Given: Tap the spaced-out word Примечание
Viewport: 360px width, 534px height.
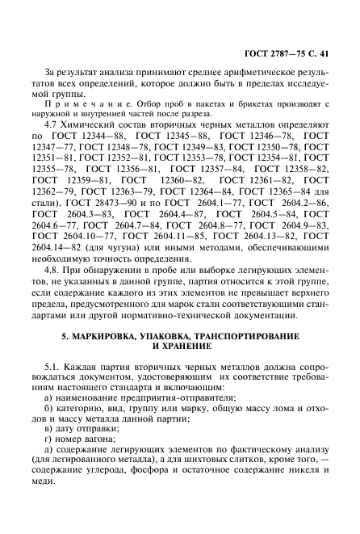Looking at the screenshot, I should pos(79,105).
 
